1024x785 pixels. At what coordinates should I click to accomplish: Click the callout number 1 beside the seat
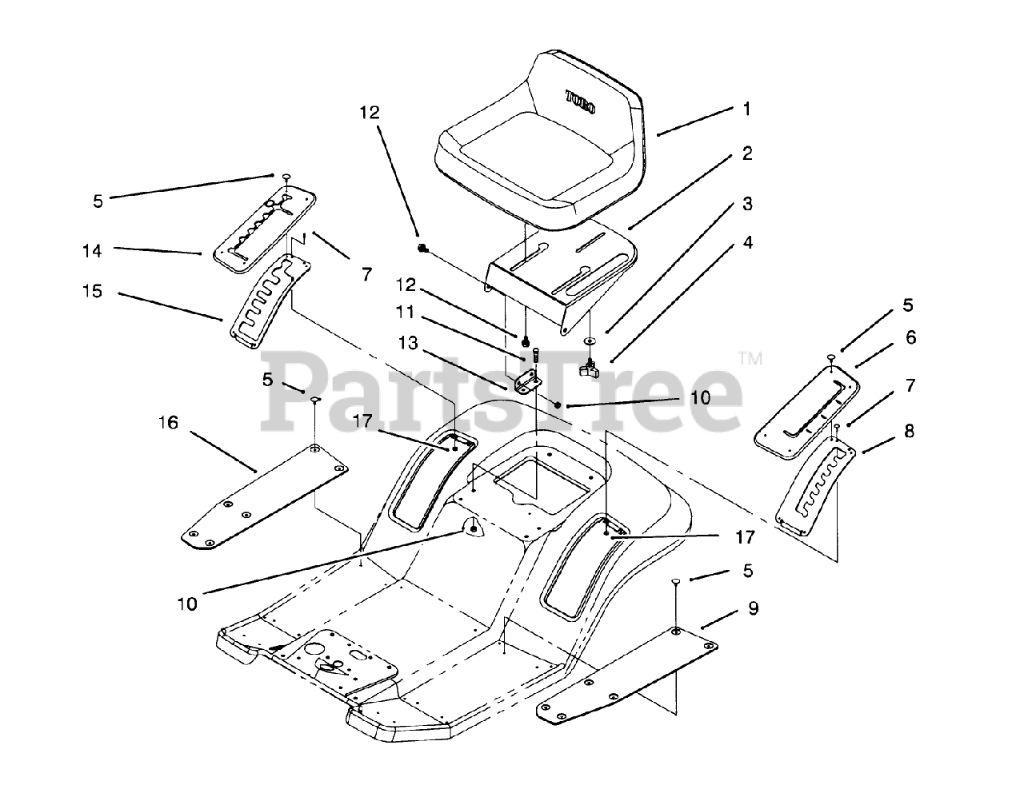click(x=747, y=109)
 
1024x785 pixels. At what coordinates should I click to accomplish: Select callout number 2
click(x=747, y=153)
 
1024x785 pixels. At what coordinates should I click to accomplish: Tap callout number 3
click(x=747, y=204)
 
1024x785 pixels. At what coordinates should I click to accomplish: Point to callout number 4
click(x=747, y=241)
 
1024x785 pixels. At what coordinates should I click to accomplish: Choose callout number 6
click(x=910, y=337)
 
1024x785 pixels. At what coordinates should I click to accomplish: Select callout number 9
click(x=753, y=608)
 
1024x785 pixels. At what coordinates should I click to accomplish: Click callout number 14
click(x=92, y=251)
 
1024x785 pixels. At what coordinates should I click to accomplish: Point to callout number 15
click(x=92, y=291)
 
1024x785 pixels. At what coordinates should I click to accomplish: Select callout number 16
click(x=168, y=421)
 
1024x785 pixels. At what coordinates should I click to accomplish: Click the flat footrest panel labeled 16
click(x=264, y=496)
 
